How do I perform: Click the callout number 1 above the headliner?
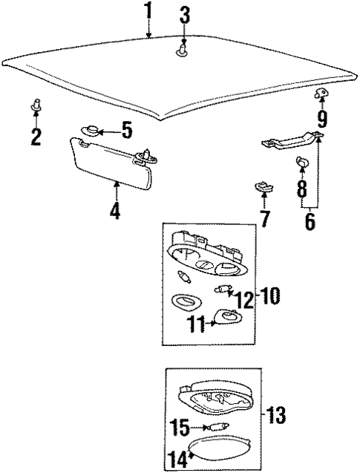tap(148, 13)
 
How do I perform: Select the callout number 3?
tap(185, 14)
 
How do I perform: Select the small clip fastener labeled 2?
tap(36, 106)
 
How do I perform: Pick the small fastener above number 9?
tap(321, 93)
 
